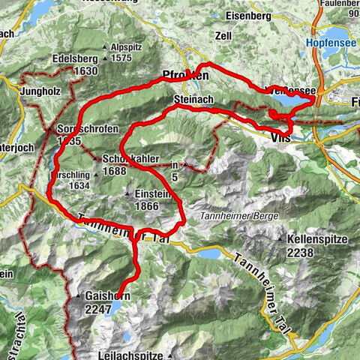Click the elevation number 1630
pos(86,71)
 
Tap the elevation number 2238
pos(312,253)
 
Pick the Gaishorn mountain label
pos(108,296)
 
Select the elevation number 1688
pos(112,171)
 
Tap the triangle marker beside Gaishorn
pos(79,297)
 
